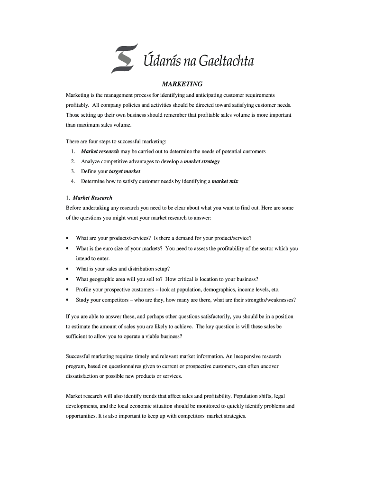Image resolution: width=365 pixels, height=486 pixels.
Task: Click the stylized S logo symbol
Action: click(124, 58)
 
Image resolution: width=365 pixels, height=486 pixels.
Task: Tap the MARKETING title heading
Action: click(182, 84)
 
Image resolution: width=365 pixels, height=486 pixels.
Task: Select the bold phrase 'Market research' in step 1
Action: click(100, 151)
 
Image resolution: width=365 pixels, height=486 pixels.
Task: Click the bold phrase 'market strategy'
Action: click(201, 161)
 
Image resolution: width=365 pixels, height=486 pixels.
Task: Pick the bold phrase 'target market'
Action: click(125, 171)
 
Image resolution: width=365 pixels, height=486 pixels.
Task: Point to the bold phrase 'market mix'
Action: click(225, 181)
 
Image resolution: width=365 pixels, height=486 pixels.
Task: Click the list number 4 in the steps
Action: click(73, 181)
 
